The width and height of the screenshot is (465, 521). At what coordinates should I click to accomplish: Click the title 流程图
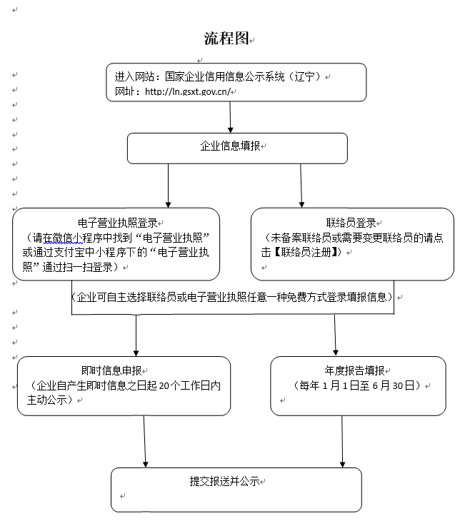click(x=226, y=39)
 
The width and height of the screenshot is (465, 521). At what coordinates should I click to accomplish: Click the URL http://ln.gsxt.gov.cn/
click(x=188, y=91)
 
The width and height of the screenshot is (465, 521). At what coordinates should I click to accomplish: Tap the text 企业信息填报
click(x=230, y=146)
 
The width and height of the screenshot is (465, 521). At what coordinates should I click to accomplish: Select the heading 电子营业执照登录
click(x=117, y=223)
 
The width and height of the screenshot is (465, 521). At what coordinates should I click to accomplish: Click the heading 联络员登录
click(x=351, y=223)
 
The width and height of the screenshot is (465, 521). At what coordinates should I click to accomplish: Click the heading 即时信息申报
click(x=111, y=370)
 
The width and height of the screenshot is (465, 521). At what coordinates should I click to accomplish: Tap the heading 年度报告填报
click(x=354, y=370)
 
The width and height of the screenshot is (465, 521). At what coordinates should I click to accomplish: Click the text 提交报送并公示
click(x=224, y=481)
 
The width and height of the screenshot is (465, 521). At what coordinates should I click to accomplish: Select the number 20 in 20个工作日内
click(x=165, y=385)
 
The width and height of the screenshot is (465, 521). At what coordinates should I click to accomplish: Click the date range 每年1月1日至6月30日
click(x=356, y=385)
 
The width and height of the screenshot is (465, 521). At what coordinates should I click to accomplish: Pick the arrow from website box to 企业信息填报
click(x=230, y=117)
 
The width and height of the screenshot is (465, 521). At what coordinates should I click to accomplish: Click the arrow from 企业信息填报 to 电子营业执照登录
click(x=169, y=186)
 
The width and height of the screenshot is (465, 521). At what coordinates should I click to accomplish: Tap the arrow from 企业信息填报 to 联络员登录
click(x=301, y=186)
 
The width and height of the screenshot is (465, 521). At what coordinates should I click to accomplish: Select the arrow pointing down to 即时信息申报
click(x=136, y=335)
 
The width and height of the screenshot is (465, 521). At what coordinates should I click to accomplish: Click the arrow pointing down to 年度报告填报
click(x=335, y=335)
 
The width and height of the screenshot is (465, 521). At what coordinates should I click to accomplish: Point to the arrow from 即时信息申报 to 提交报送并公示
click(x=145, y=442)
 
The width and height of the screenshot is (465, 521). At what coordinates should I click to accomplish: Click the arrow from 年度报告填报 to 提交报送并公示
click(x=342, y=442)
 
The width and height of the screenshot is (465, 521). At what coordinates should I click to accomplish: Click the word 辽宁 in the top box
click(x=305, y=77)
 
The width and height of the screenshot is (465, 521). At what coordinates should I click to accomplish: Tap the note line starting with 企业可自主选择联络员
click(x=232, y=297)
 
